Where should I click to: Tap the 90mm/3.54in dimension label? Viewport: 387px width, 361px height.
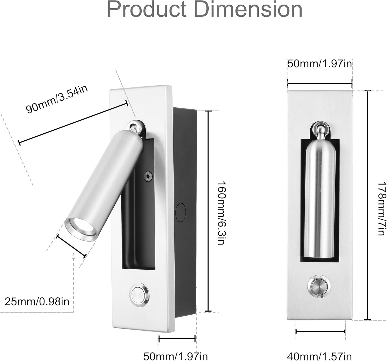57,99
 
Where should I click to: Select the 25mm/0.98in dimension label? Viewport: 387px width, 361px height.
37,301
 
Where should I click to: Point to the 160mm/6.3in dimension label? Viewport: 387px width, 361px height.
221,213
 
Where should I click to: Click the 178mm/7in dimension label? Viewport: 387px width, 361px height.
382,209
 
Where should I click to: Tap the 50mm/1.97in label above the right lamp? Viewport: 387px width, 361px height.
320,64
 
